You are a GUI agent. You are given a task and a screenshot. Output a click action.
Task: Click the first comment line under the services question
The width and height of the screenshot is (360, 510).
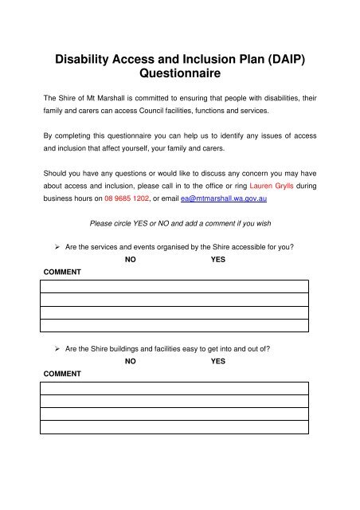pyautogui.click(x=174, y=287)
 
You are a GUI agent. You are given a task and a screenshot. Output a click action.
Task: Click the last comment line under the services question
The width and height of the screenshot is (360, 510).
pyautogui.click(x=174, y=325)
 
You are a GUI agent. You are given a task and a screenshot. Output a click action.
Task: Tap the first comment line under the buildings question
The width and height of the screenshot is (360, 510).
pyautogui.click(x=174, y=388)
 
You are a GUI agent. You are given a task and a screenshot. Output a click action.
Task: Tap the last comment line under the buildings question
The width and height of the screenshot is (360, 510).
pyautogui.click(x=174, y=426)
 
